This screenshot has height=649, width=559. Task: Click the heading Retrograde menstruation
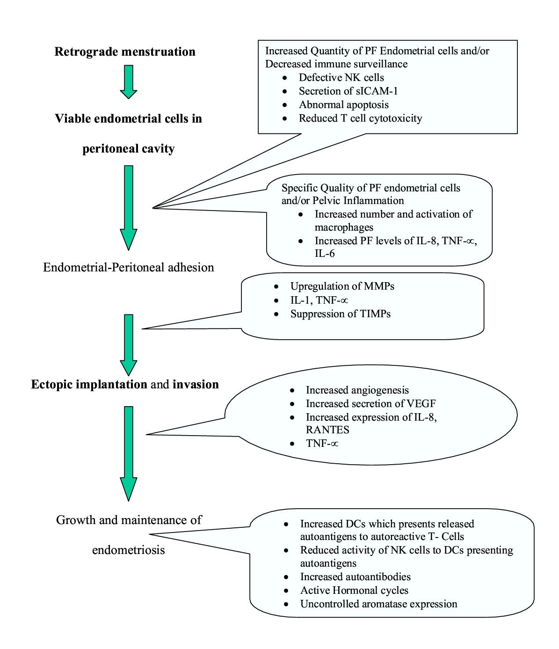point(125,51)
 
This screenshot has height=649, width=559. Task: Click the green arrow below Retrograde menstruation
point(128,81)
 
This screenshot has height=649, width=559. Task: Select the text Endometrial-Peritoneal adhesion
point(128,267)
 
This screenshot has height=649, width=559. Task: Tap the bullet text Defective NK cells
point(341,78)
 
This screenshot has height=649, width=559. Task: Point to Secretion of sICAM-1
point(348,91)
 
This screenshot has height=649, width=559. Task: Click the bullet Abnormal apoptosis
point(343,105)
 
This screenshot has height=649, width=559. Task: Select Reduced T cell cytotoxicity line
point(360,118)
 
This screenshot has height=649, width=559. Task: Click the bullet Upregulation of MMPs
point(342,286)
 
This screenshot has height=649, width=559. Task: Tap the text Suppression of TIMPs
point(340,314)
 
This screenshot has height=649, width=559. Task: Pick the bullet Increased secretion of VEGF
point(370,404)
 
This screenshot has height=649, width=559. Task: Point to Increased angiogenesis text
point(357,390)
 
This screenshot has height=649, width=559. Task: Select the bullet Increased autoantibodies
point(355,577)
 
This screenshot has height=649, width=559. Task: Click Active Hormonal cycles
point(354,591)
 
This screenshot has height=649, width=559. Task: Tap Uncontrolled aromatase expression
point(378,604)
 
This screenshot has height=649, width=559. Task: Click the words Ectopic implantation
point(89,385)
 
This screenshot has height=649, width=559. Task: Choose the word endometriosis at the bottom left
point(128,550)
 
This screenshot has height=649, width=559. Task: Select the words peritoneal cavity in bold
point(128,149)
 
